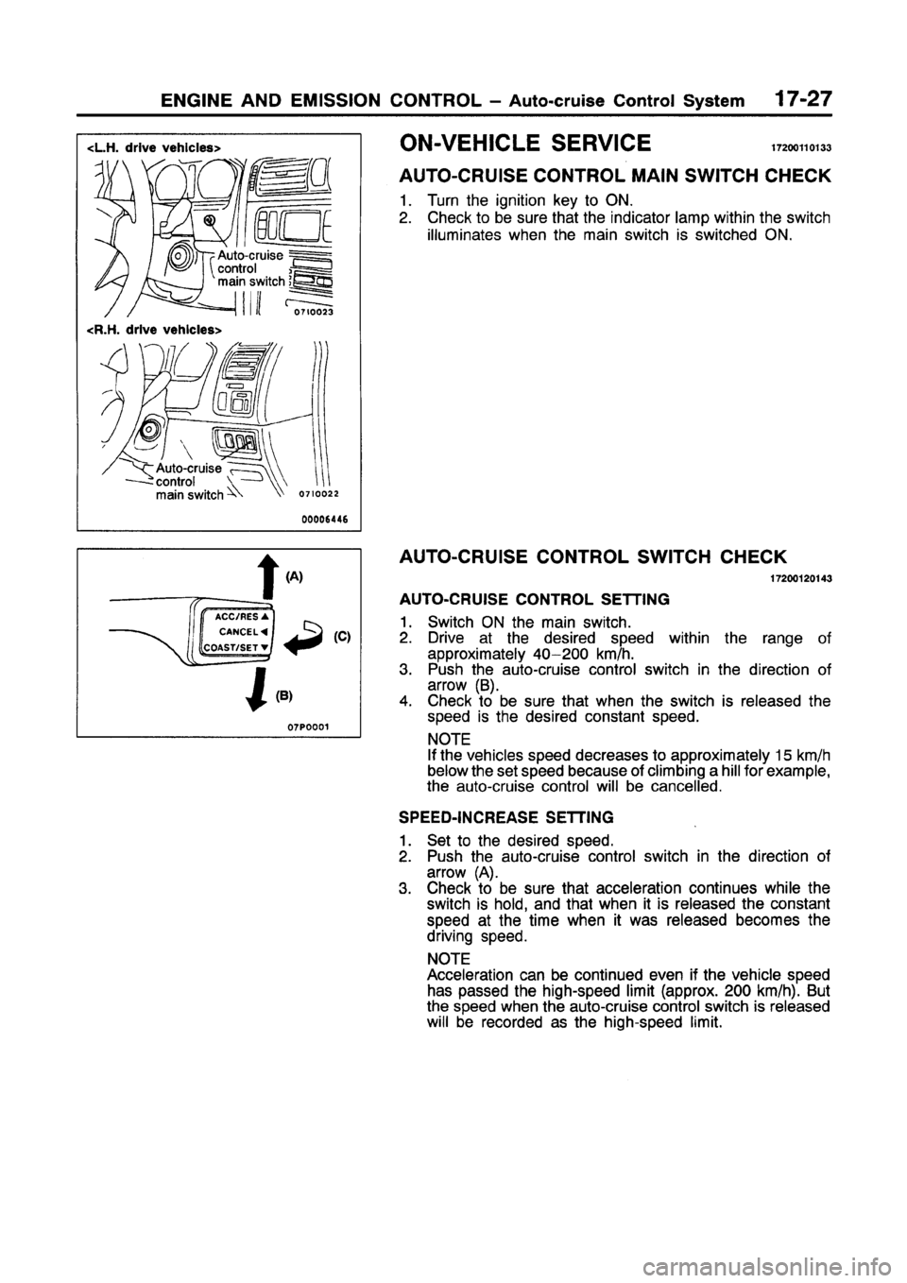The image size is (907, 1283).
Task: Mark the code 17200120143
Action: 800,576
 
